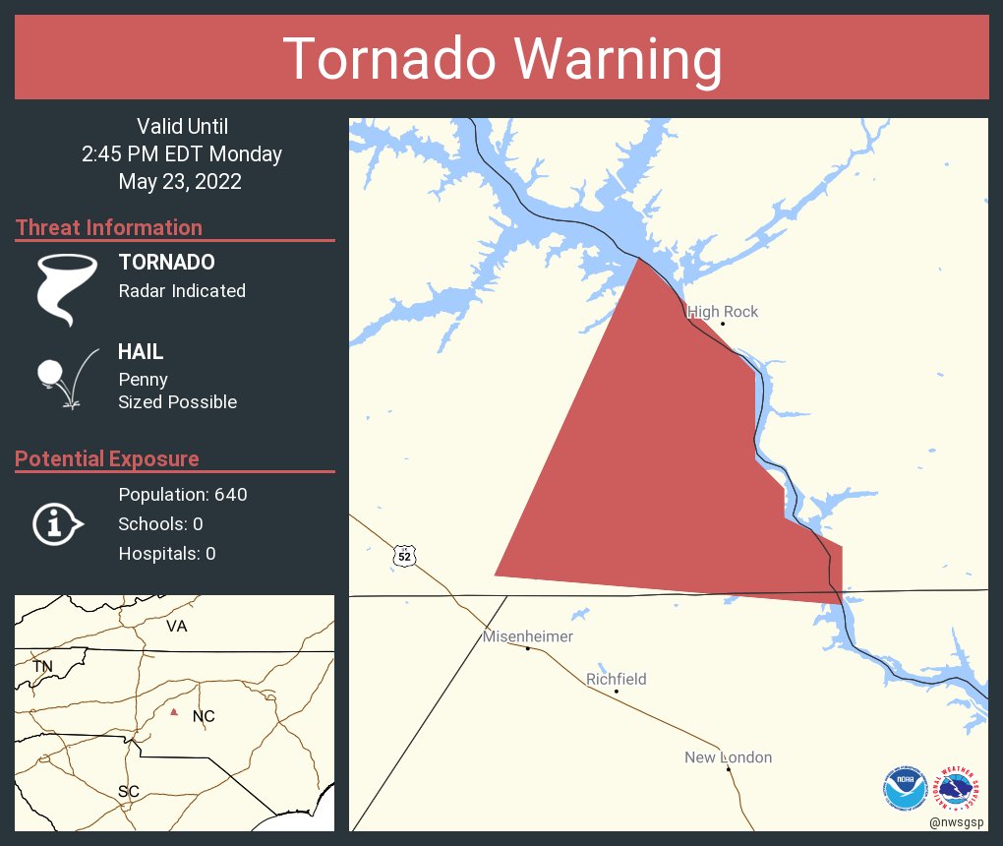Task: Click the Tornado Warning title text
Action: coord(501,59)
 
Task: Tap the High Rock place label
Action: coord(723,312)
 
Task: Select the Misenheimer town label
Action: coord(527,636)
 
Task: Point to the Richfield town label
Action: coord(617,679)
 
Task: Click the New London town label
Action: coord(728,757)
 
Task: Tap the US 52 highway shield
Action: coord(404,556)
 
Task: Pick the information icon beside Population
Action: coord(57,523)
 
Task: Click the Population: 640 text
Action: coord(182,494)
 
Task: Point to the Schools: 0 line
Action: coord(160,523)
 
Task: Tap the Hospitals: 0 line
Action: coord(166,553)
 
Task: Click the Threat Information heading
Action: coord(109,227)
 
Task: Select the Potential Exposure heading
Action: coord(107,458)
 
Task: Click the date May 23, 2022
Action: coord(180,182)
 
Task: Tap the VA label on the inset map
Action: coord(177,626)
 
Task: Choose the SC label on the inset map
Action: coord(128,791)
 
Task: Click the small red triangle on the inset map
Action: coord(174,711)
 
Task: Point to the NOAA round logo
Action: coord(905,788)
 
